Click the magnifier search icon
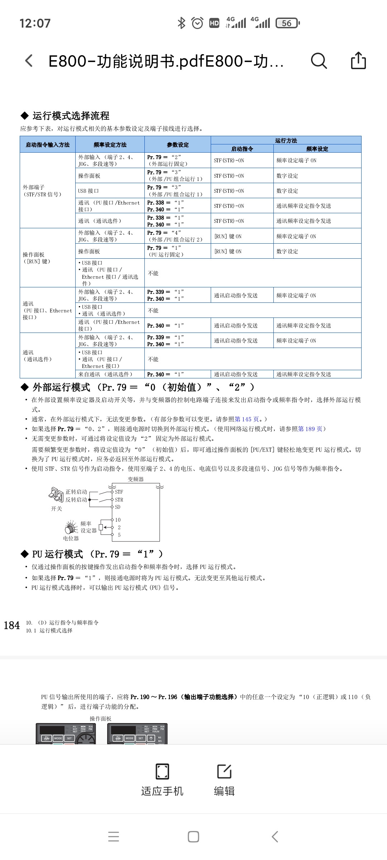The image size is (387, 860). (319, 61)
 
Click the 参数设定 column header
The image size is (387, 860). (178, 145)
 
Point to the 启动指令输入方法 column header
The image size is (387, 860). (48, 145)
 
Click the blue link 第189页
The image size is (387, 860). (310, 429)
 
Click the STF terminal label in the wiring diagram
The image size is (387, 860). (119, 492)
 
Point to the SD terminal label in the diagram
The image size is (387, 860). (118, 507)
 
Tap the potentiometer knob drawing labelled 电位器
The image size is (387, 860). (71, 527)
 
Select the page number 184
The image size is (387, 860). (12, 626)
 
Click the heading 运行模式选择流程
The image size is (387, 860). (71, 116)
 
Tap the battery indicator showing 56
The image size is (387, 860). (287, 23)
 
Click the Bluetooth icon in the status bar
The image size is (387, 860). (182, 23)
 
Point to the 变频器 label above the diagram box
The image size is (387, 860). (136, 479)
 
